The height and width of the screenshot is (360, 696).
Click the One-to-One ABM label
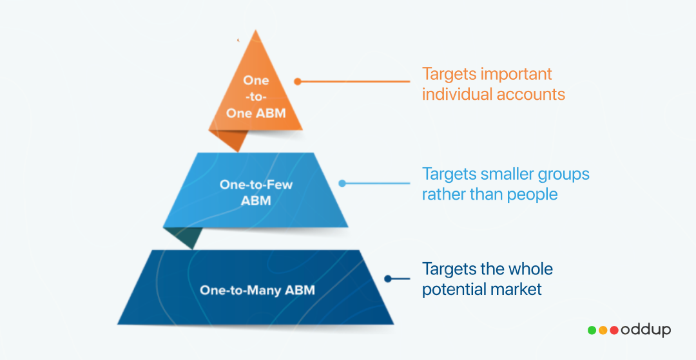coord(256,97)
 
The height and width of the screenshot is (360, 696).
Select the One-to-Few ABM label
coord(256,192)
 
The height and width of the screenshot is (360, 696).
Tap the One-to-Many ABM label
coord(257,290)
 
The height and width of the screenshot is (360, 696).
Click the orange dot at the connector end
coord(298,82)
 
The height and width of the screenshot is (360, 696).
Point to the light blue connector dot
coord(342,183)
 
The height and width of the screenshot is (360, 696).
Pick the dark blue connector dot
coord(387,279)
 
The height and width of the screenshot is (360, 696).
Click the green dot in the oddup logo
coord(592,330)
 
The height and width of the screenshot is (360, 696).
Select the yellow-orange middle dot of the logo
coord(603,330)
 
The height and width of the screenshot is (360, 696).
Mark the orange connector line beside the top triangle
coord(354,82)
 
